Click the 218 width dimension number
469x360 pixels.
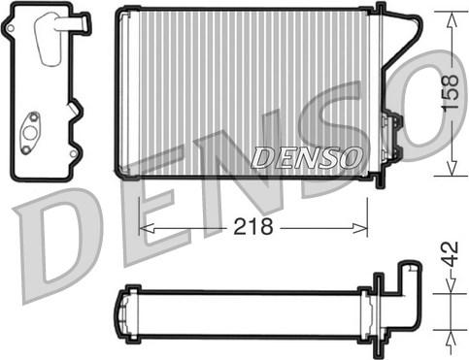254,227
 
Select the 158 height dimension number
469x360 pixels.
449,93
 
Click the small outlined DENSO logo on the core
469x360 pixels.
307,155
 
